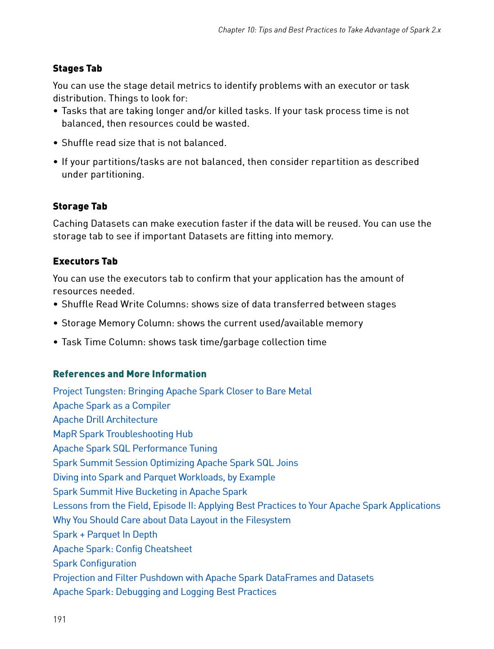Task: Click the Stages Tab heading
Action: [x=77, y=69]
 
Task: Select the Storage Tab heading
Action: [x=80, y=206]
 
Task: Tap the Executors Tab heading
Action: [x=85, y=261]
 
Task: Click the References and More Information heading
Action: [x=130, y=374]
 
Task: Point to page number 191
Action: [x=59, y=619]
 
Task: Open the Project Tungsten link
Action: [x=182, y=391]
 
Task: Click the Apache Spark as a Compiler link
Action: [x=112, y=406]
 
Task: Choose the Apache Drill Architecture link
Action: [x=105, y=420]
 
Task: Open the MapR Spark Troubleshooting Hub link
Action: [x=122, y=434]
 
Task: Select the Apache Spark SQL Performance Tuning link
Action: [x=135, y=448]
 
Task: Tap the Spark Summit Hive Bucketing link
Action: [x=150, y=492]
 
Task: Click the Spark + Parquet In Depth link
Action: [x=105, y=535]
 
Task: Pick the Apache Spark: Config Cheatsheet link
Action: [x=122, y=549]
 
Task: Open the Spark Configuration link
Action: [x=95, y=563]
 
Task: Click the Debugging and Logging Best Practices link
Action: [x=164, y=592]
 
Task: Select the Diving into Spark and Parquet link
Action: [x=164, y=477]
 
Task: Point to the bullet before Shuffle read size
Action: [x=55, y=143]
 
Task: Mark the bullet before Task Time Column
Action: [x=55, y=343]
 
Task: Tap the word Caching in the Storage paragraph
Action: [x=70, y=224]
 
